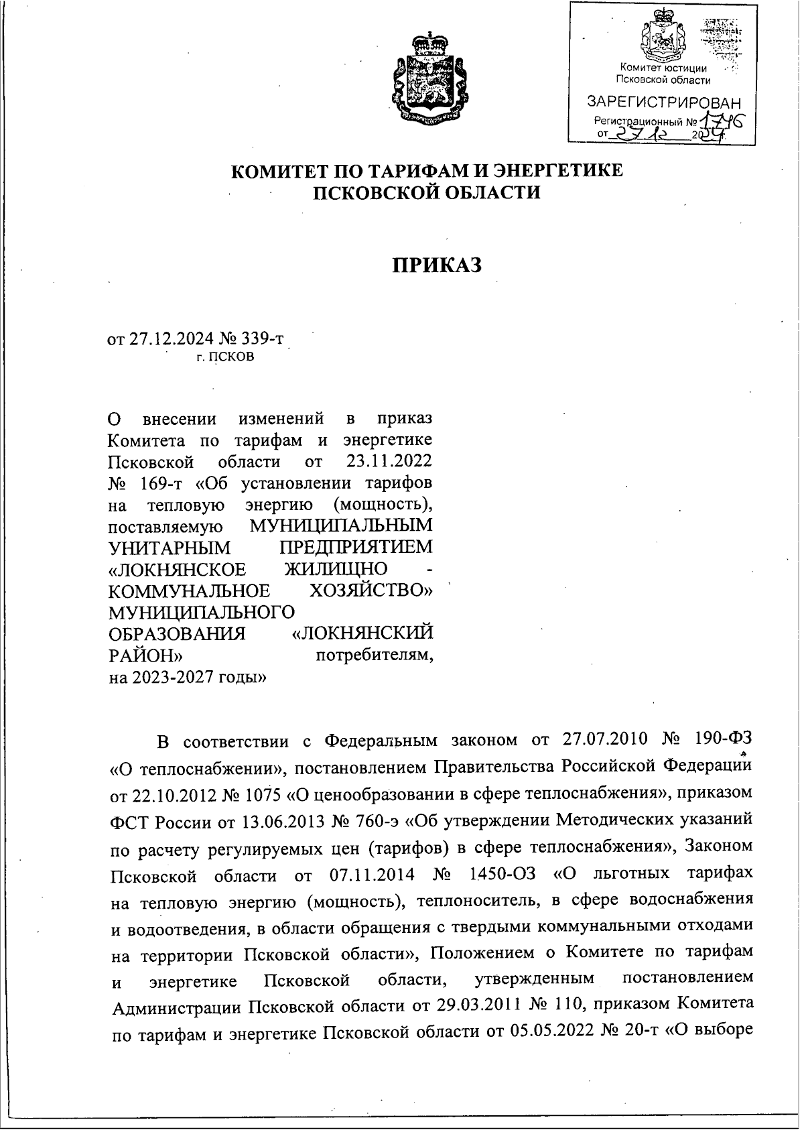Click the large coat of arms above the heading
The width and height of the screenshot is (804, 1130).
point(428,76)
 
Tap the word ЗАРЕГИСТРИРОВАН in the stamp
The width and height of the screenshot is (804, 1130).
point(664,103)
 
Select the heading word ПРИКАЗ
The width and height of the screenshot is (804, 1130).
point(437,265)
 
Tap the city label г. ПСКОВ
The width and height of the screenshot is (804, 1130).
point(225,357)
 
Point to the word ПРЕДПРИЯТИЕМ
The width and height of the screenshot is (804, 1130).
point(356,547)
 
